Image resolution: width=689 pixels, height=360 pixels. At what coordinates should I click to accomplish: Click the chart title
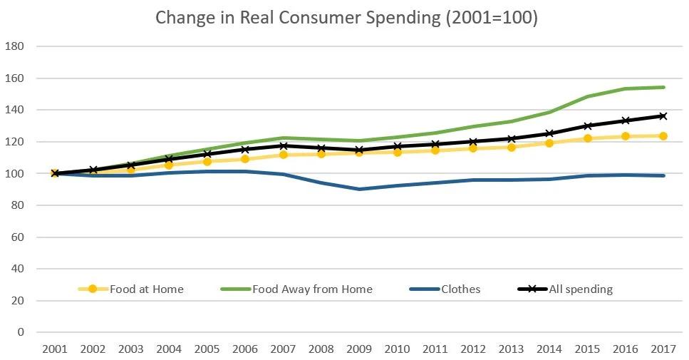[x=346, y=18]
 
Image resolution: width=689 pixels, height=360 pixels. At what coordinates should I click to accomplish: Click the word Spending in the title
[x=402, y=18]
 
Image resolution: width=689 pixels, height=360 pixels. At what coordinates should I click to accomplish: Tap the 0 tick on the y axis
[x=21, y=332]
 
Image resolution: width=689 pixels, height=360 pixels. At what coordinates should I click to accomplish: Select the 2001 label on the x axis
[x=54, y=349]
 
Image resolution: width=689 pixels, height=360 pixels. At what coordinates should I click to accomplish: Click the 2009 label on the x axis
[x=358, y=349]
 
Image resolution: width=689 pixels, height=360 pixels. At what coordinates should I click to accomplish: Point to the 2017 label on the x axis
[x=663, y=349]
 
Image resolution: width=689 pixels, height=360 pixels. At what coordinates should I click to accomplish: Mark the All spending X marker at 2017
[x=663, y=115]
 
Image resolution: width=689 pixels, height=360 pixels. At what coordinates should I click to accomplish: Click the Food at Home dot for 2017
[x=663, y=135]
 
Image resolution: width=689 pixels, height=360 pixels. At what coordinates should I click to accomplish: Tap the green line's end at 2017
[x=663, y=87]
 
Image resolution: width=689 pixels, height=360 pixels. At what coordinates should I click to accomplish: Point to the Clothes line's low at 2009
[x=358, y=189]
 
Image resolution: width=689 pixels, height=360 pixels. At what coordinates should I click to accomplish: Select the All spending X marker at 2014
[x=549, y=133]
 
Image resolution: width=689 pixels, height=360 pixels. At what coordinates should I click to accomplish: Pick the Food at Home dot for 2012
[x=472, y=148]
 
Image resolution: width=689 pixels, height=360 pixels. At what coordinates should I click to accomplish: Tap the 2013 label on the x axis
[x=510, y=349]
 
